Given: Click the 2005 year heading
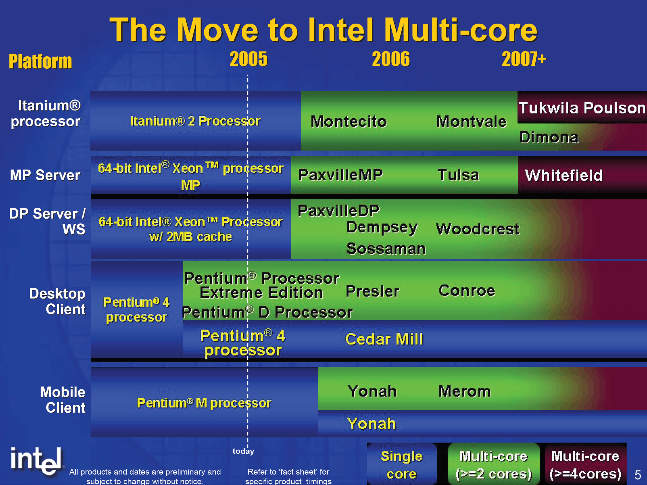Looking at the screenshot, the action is coord(249,59).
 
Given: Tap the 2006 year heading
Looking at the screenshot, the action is coord(391,59).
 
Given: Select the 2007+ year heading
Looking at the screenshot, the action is coord(524,59).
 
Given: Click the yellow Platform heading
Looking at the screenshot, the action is coord(40,62).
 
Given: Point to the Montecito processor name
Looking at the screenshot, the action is coord(349,121).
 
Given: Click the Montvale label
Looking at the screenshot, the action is coord(471,121).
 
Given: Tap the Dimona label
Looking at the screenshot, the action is coord(549,137).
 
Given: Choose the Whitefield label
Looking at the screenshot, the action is coord(563,175).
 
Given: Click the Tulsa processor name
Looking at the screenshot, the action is coord(458,175).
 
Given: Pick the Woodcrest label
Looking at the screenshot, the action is coord(477,229).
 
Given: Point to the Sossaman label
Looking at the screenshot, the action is coord(386,249).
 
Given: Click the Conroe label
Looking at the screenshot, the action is coord(466,290).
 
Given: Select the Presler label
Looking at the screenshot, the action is coord(373,291).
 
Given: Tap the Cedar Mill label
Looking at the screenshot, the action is coord(384,339).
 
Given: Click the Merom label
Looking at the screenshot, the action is coord(464,391).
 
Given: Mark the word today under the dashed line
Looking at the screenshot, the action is coord(243,451).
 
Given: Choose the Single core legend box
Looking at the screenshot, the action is coord(402,464).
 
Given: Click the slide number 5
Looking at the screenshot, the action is coord(638,475).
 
